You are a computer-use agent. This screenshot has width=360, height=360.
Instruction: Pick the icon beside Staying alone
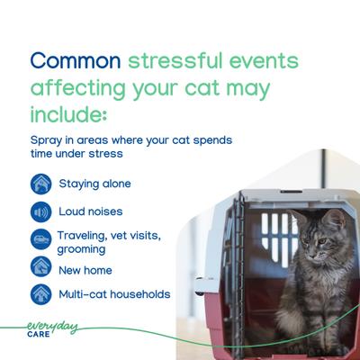click(x=40, y=184)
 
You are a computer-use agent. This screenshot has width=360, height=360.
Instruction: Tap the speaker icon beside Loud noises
click(x=40, y=213)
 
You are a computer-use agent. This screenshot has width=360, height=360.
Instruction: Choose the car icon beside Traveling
click(x=40, y=240)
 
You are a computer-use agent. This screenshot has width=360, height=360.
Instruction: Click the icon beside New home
click(x=40, y=267)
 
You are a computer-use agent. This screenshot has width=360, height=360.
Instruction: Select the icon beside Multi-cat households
click(x=40, y=294)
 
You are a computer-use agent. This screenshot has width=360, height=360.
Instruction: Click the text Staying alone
click(x=94, y=184)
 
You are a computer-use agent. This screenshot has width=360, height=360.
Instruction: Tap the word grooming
click(x=83, y=247)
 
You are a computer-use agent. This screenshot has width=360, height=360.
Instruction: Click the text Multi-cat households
click(x=114, y=294)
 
